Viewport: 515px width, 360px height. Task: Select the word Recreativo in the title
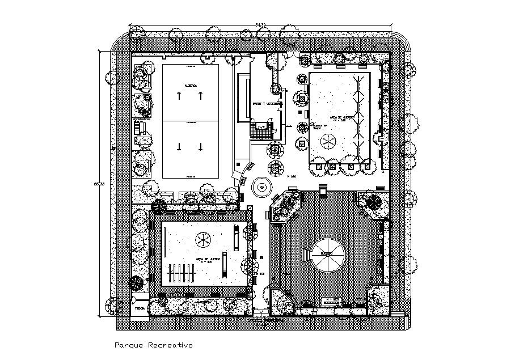pos(171,345)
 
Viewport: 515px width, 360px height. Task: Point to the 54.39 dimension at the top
pos(260,24)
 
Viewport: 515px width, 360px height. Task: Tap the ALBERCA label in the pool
pos(191,86)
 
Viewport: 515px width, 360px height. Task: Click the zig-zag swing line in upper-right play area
pos(357,116)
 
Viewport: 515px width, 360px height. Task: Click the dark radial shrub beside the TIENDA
pos(136,284)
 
